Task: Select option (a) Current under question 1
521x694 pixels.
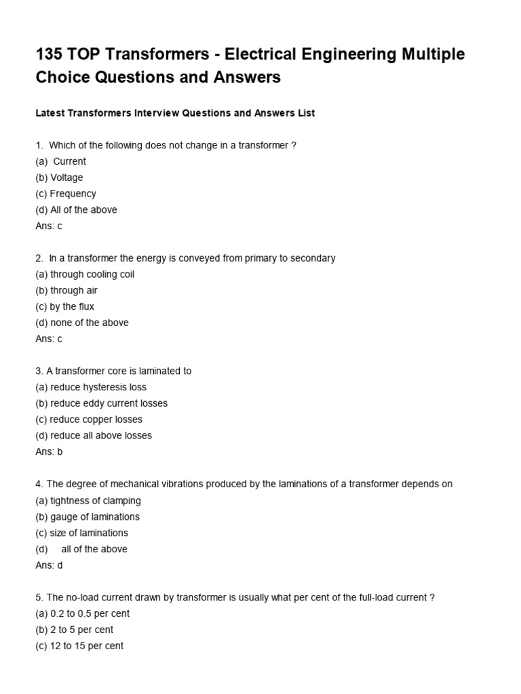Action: click(61, 161)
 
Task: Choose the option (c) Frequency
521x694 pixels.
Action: click(66, 194)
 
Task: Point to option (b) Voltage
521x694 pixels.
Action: click(60, 178)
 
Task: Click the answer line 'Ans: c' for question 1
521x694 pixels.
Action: click(49, 226)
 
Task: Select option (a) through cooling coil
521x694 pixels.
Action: click(85, 274)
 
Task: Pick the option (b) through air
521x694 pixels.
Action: click(66, 290)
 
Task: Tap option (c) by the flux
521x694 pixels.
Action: click(65, 306)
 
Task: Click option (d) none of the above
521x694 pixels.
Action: click(82, 323)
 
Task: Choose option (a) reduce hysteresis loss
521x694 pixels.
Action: click(91, 387)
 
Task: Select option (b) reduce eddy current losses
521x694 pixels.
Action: click(102, 403)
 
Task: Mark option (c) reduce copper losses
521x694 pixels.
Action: click(89, 420)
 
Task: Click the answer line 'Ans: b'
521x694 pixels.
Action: click(49, 451)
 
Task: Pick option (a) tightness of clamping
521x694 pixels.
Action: click(88, 500)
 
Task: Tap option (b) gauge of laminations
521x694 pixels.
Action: click(88, 516)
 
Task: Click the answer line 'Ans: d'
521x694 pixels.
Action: click(49, 565)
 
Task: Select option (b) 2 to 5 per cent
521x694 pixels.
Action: click(75, 630)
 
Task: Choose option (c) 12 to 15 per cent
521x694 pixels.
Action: click(79, 646)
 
